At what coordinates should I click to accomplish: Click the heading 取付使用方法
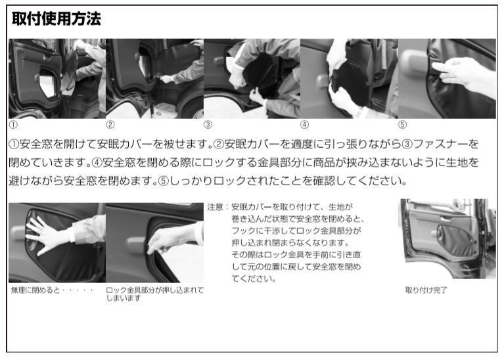(57, 18)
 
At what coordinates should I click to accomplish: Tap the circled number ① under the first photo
(13, 125)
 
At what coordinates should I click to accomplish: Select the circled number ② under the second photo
(110, 125)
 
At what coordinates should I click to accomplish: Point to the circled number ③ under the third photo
(208, 125)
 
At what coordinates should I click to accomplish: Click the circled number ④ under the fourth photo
(304, 125)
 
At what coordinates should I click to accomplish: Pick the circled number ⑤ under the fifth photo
(402, 125)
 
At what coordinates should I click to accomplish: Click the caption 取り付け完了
(426, 290)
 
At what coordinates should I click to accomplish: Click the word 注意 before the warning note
(215, 207)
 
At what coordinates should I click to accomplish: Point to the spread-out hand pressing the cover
(48, 235)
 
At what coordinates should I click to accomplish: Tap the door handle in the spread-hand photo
(18, 233)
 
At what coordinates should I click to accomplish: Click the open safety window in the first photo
(47, 83)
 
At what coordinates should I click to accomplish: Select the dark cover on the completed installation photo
(455, 237)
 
